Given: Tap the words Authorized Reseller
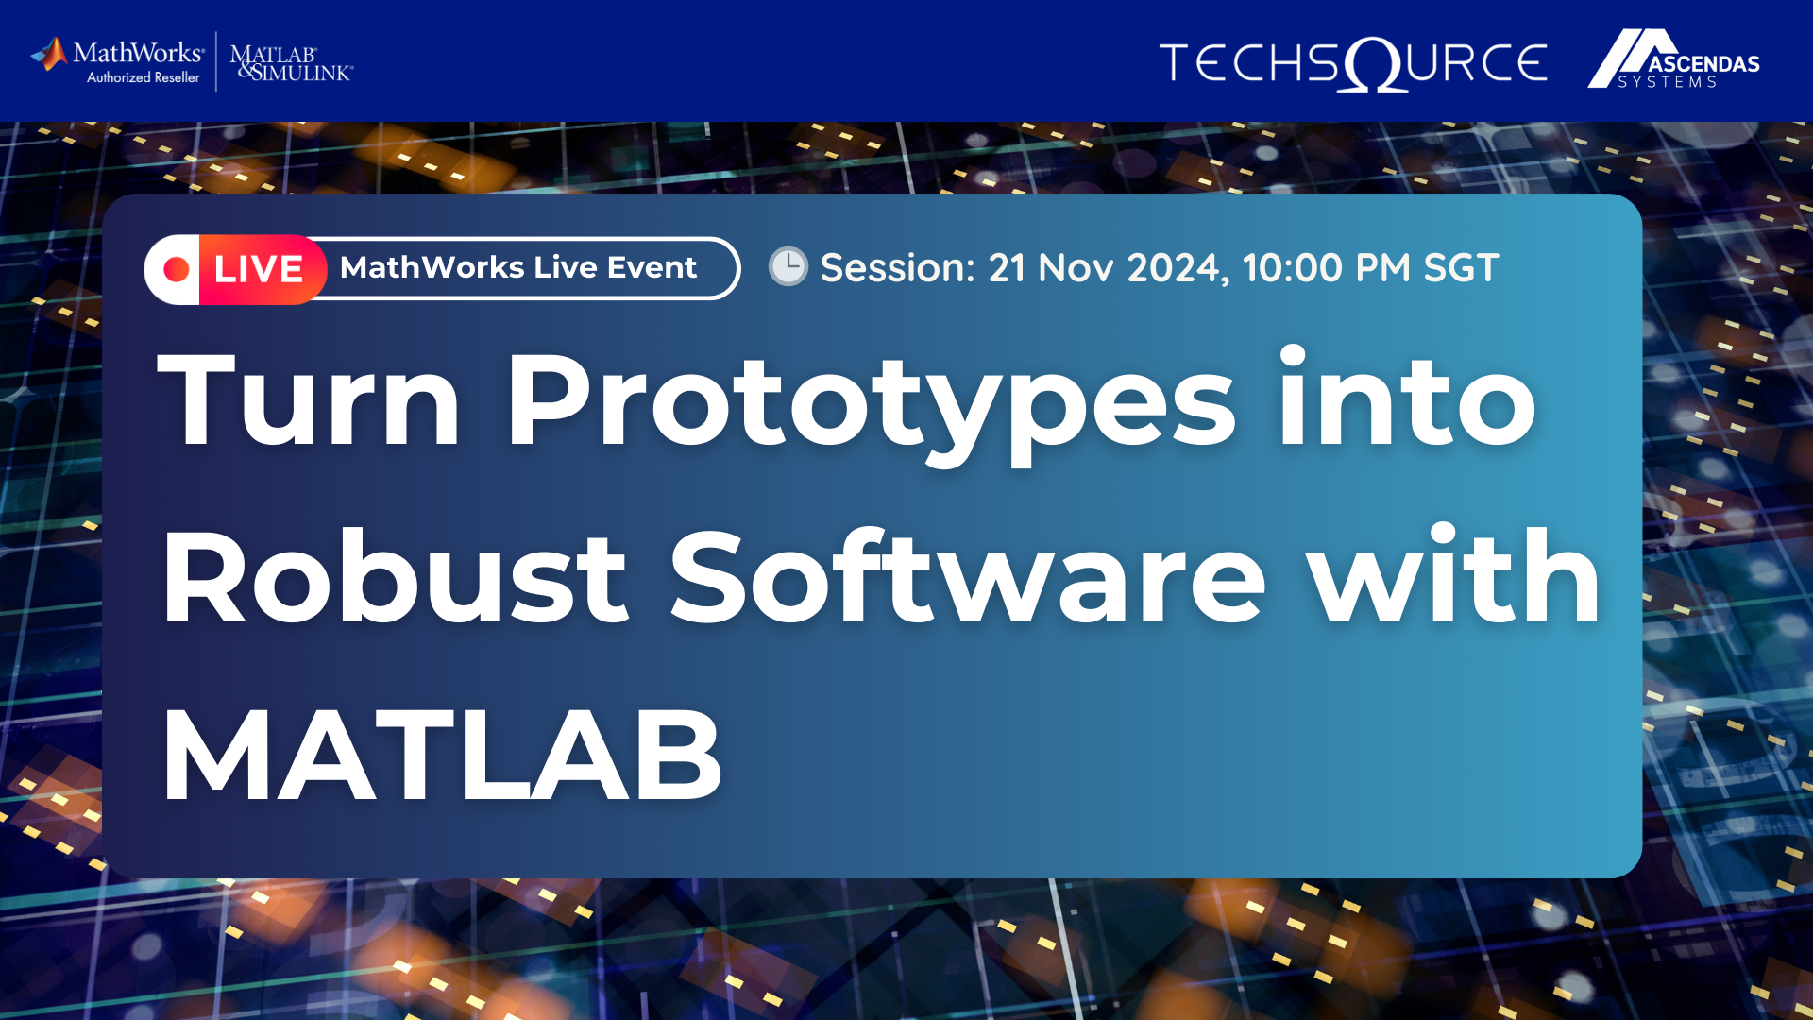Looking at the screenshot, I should (144, 78).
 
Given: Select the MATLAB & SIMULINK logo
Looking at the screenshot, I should (291, 63).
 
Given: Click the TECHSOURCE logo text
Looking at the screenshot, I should (1352, 63).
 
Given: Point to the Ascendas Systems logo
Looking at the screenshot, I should (1673, 59).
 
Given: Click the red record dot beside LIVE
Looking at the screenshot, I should (177, 270).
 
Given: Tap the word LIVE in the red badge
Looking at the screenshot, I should (258, 270).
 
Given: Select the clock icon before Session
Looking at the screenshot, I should (788, 267).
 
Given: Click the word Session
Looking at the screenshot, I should (896, 268).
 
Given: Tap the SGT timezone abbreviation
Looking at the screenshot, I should (1461, 268).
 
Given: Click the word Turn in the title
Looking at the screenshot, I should (309, 400).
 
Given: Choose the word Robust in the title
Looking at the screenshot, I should (395, 578).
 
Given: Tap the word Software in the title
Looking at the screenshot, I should (967, 578).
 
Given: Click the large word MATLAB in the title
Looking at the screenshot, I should (442, 756).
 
